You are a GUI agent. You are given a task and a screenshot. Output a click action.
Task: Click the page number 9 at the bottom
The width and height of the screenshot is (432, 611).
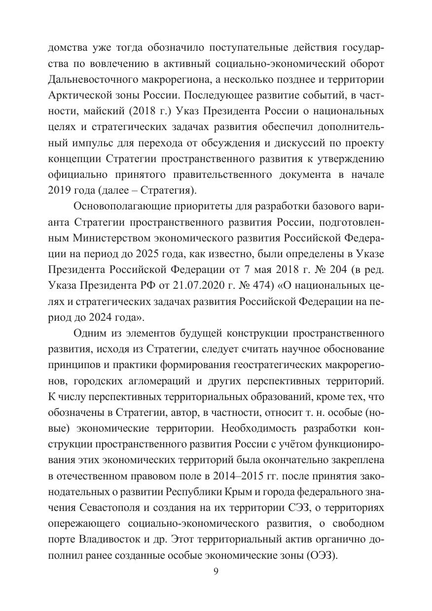click(x=216, y=572)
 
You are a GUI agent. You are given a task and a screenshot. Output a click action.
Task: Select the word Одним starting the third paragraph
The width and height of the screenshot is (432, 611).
click(x=88, y=334)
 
